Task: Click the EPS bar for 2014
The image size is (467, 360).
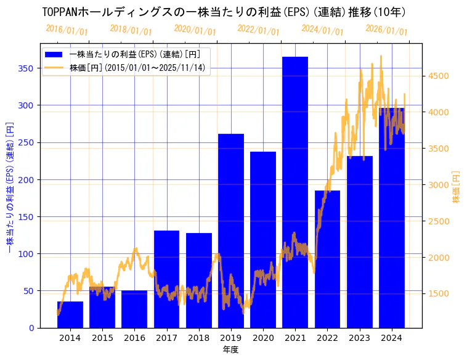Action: (x=70, y=314)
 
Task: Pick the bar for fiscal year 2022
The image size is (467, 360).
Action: (x=327, y=259)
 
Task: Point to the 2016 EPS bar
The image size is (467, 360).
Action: (x=134, y=309)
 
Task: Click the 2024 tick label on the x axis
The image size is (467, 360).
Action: (x=392, y=338)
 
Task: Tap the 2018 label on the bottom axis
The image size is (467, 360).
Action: (x=198, y=338)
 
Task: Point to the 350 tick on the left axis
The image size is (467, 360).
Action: (x=26, y=68)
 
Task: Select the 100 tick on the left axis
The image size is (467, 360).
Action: (x=26, y=254)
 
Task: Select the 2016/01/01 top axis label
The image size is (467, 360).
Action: (x=67, y=30)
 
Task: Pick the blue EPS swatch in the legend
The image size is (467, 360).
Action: (x=54, y=54)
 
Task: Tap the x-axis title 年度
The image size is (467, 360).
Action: (x=230, y=350)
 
